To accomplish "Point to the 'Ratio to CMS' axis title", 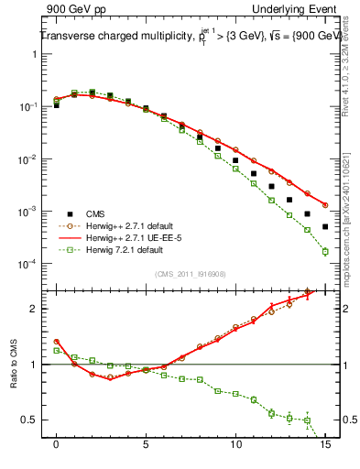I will click(x=14, y=366).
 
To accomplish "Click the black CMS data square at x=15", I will click(x=325, y=226).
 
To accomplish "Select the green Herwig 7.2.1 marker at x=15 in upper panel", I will click(x=325, y=251).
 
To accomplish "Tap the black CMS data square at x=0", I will click(x=57, y=105).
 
